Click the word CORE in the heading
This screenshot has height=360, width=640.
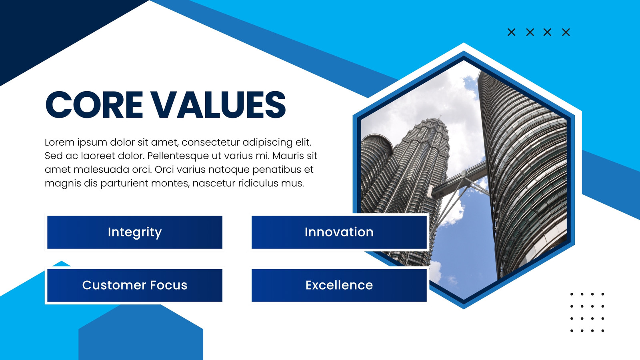[94, 104]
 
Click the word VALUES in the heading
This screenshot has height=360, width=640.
[218, 104]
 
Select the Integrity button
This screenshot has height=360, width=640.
[134, 232]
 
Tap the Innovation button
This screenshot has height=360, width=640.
[339, 232]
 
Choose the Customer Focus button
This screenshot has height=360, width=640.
[134, 285]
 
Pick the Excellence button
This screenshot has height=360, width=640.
[339, 285]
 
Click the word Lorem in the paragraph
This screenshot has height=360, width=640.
[59, 142]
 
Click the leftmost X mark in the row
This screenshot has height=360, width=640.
[512, 32]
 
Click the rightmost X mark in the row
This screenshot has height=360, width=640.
[566, 32]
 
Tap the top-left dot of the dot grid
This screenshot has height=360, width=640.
[572, 294]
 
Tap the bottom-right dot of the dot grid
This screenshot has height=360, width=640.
[602, 330]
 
